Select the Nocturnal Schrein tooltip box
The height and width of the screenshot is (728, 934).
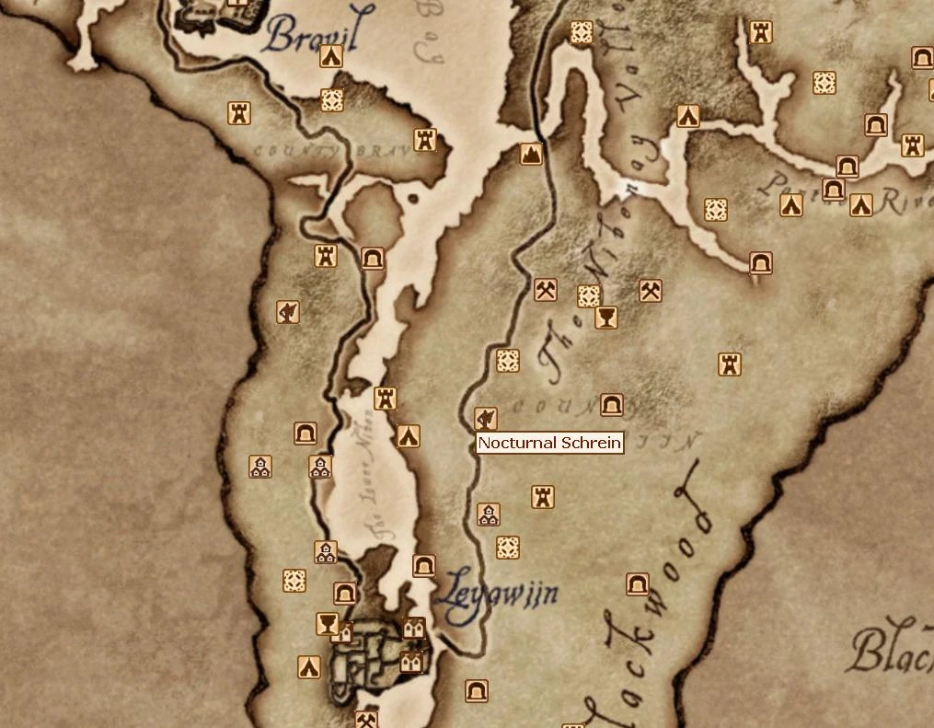(x=550, y=443)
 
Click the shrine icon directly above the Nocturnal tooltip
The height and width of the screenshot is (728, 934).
(x=486, y=419)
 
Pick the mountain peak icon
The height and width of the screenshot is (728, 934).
(x=531, y=154)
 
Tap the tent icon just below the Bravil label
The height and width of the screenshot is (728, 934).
(x=331, y=57)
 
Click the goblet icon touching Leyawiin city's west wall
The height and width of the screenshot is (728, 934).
(x=326, y=623)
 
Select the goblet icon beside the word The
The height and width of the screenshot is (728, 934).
(x=605, y=318)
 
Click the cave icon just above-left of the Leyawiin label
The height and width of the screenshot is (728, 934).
(x=423, y=565)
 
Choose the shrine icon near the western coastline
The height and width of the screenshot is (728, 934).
(x=288, y=312)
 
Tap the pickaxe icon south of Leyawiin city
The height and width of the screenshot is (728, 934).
(x=366, y=719)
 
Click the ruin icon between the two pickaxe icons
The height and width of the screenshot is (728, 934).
(x=589, y=295)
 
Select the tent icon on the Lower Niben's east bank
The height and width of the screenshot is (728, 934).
(x=408, y=436)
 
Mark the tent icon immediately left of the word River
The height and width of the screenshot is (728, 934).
(x=861, y=204)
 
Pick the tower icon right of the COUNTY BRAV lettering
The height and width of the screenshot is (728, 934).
(x=424, y=139)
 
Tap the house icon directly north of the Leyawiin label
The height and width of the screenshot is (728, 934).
(x=489, y=514)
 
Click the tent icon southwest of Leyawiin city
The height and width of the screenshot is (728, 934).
(x=308, y=667)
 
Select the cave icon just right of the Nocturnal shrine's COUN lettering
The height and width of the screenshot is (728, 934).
(x=611, y=405)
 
